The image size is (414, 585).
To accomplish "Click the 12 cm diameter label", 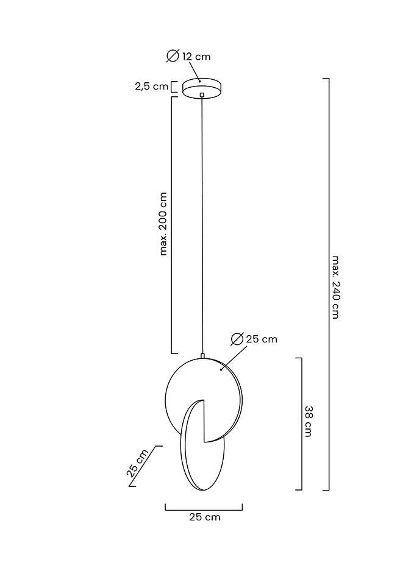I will [x=196, y=57].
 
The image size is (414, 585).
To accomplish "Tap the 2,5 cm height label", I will [x=151, y=87].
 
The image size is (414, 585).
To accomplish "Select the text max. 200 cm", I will [x=163, y=224].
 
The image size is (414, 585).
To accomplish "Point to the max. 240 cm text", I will [x=335, y=286].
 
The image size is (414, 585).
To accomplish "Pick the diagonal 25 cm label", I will [x=138, y=464].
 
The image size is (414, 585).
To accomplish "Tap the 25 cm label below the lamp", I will [x=204, y=517].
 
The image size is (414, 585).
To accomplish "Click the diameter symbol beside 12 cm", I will [x=173, y=56].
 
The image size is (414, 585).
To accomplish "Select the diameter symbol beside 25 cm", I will [x=238, y=339].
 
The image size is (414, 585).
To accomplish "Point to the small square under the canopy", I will [x=202, y=94].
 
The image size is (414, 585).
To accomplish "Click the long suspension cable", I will [x=202, y=225].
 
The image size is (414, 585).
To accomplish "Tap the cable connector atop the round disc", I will [x=202, y=355].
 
